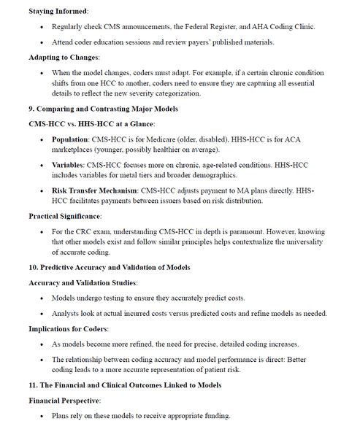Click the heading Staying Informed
tap(58, 12)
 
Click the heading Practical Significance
tap(64, 217)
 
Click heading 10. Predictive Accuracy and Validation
tap(109, 268)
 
